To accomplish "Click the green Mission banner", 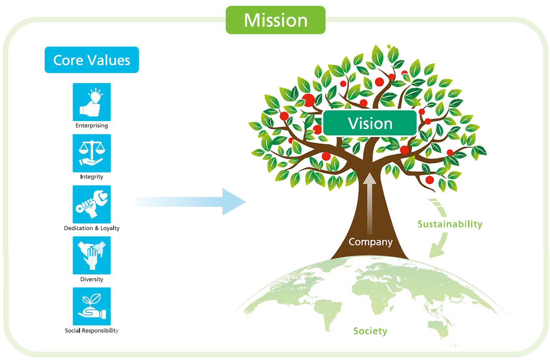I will point(275,20).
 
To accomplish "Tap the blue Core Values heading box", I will point(92,60).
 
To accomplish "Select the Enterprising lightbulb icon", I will point(92,102).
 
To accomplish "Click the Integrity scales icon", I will point(92,153).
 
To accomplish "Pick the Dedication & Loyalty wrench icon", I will point(92,204).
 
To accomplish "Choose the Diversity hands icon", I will point(92,255).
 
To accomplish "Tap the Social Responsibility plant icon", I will point(92,306).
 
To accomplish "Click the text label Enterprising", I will point(92,125).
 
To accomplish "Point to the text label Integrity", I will point(92,177).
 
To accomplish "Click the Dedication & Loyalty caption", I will point(92,228).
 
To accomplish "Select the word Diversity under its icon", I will point(92,279).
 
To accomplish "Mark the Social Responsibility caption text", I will point(92,330).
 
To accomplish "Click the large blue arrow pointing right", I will point(192,202).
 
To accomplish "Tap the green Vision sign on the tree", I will point(370,123).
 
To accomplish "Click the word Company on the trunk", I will point(371,242).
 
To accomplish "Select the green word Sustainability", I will point(450,224).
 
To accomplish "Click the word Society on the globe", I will point(370,331).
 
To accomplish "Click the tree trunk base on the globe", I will point(369,256).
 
